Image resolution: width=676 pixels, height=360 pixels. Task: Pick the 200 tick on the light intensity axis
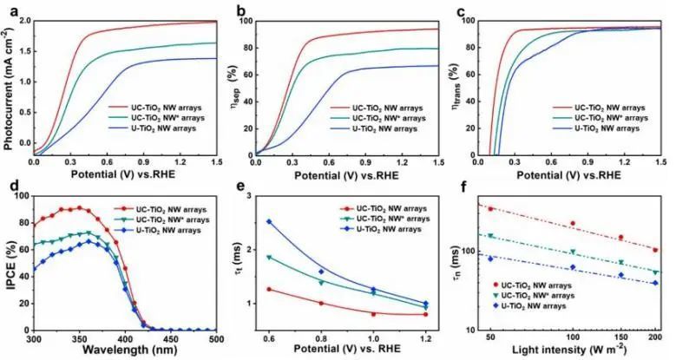click(654, 339)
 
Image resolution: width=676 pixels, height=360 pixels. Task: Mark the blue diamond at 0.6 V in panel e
click(269, 221)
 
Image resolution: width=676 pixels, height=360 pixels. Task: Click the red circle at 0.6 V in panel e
click(269, 289)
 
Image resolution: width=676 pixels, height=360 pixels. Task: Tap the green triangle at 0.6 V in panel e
click(269, 258)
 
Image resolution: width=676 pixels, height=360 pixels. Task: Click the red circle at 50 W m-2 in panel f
click(490, 209)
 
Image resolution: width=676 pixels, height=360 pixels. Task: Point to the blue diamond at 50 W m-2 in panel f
click(490, 259)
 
